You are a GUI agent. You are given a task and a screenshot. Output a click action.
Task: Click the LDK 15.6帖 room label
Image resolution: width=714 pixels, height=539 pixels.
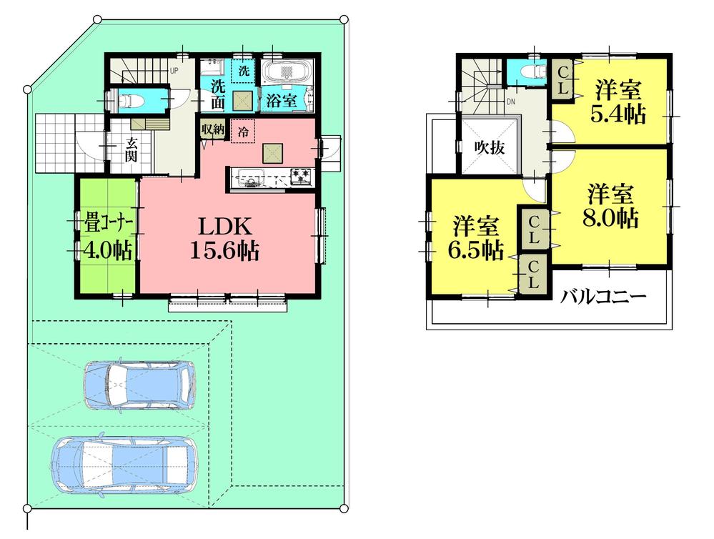[x=224, y=239]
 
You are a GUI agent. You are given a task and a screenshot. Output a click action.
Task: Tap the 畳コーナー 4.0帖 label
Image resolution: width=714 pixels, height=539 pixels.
[x=107, y=237]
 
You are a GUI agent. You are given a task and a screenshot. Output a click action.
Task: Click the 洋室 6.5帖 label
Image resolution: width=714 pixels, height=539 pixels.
[x=475, y=238]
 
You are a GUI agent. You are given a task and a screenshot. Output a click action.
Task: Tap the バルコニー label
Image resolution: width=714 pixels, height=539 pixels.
[x=603, y=297]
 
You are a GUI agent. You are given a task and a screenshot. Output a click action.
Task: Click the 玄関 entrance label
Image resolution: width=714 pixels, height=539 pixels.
[x=133, y=149]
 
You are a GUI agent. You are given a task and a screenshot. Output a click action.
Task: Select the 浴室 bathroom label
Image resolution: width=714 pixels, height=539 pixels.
[x=282, y=101]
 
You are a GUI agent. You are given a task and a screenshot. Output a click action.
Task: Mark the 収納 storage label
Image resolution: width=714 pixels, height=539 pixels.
[x=213, y=129]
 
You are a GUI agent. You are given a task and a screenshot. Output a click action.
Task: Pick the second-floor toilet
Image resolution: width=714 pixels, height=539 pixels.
[x=527, y=72]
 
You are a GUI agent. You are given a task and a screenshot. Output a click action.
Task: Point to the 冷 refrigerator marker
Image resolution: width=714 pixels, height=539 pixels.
[x=243, y=131]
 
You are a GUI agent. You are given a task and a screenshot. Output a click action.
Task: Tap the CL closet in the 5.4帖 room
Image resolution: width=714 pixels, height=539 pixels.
[x=562, y=79]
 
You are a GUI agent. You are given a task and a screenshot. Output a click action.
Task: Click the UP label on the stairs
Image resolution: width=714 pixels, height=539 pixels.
[x=174, y=71]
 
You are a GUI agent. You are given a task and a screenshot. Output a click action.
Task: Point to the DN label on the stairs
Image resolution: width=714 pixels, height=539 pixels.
[x=511, y=102]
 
